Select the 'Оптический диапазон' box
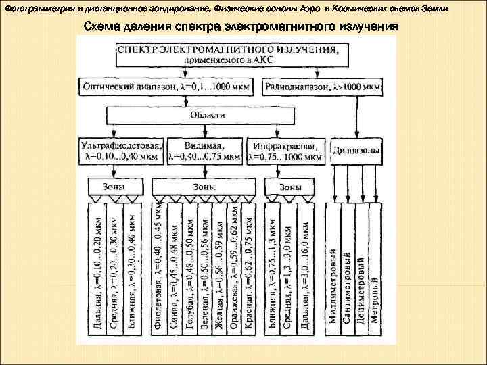(168, 86)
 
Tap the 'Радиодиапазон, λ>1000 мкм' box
(323, 86)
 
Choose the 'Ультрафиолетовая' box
(121, 151)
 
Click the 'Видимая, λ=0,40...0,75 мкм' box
(204, 151)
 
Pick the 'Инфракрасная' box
(285, 151)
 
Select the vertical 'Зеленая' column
(204, 270)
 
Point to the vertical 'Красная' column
(249, 270)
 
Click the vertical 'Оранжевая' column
(234, 270)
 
